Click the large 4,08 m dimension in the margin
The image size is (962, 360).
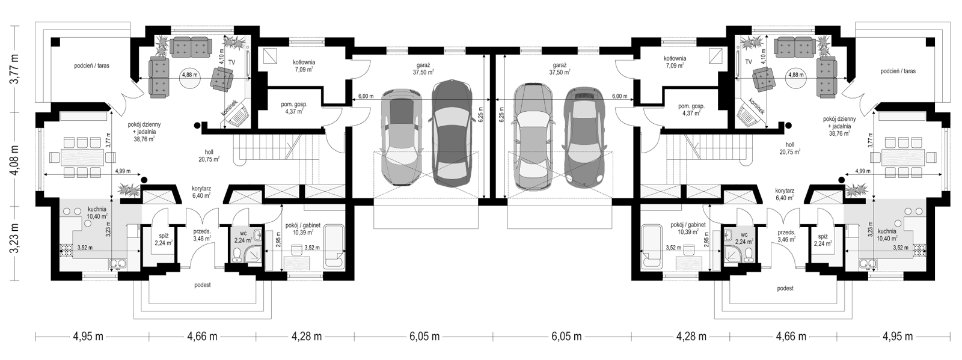click(x=16, y=159)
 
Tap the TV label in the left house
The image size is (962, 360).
click(x=231, y=63)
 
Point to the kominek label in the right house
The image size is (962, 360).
click(x=756, y=106)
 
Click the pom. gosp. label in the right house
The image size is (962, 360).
click(x=691, y=106)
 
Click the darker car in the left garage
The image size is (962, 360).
click(x=452, y=133)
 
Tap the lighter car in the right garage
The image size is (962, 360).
click(x=533, y=136)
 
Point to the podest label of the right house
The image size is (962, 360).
click(x=785, y=288)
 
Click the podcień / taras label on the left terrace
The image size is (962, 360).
click(x=91, y=66)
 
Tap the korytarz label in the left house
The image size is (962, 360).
click(x=201, y=188)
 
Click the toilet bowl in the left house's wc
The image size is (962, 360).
click(x=236, y=257)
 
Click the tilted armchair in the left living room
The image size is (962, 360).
click(x=222, y=79)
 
